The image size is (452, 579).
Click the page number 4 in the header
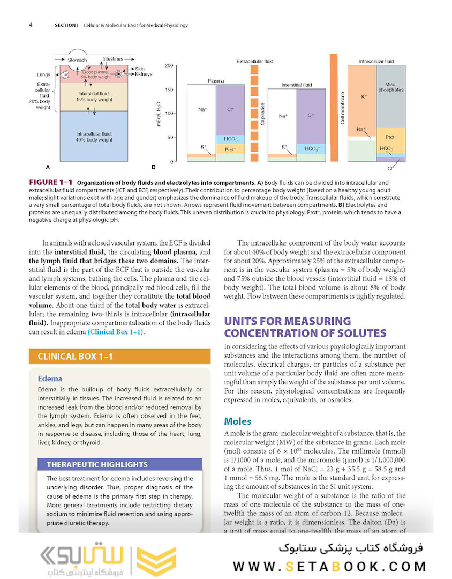coord(31,25)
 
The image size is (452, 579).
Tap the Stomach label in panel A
coord(77,60)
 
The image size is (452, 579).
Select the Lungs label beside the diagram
coord(43,75)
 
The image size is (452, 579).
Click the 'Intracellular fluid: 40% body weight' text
coord(94,137)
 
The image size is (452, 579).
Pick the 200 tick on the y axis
coord(168,66)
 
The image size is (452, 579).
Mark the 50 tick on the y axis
coord(170,138)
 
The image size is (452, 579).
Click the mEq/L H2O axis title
coord(159,113)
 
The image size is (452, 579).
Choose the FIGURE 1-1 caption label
coord(51,183)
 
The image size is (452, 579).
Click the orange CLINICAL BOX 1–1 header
coord(75,357)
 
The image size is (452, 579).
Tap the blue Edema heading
coord(50,378)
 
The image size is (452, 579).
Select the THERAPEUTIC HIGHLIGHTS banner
coord(97,464)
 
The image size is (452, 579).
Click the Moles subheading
coord(237,421)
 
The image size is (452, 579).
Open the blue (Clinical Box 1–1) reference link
coord(116,332)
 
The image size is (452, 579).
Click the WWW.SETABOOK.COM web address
coord(329,566)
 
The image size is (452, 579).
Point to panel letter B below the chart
coord(153,168)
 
